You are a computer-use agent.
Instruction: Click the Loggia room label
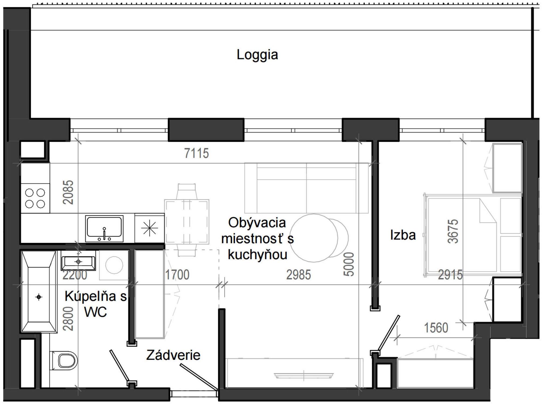pos(257,55)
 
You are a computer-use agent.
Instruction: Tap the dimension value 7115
pos(196,153)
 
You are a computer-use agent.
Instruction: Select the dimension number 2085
pos(68,192)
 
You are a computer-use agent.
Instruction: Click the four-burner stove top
pos(35,198)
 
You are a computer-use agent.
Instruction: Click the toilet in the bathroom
pos(65,360)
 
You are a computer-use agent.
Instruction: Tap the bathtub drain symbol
pos(39,297)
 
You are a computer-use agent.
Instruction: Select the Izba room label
pos(403,235)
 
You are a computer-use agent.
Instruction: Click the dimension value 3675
pos(453,231)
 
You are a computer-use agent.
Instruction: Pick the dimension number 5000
pos(349,264)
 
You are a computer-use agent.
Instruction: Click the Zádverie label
pos(173,355)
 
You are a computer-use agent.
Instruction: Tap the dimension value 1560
pos(436,328)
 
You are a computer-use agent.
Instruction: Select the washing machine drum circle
pos(114,265)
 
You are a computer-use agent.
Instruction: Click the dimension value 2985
pos(298,275)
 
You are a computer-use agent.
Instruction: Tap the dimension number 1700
pos(177,275)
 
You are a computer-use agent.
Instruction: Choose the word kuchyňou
pos(257,254)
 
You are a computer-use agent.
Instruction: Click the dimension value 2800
pos(68,319)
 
